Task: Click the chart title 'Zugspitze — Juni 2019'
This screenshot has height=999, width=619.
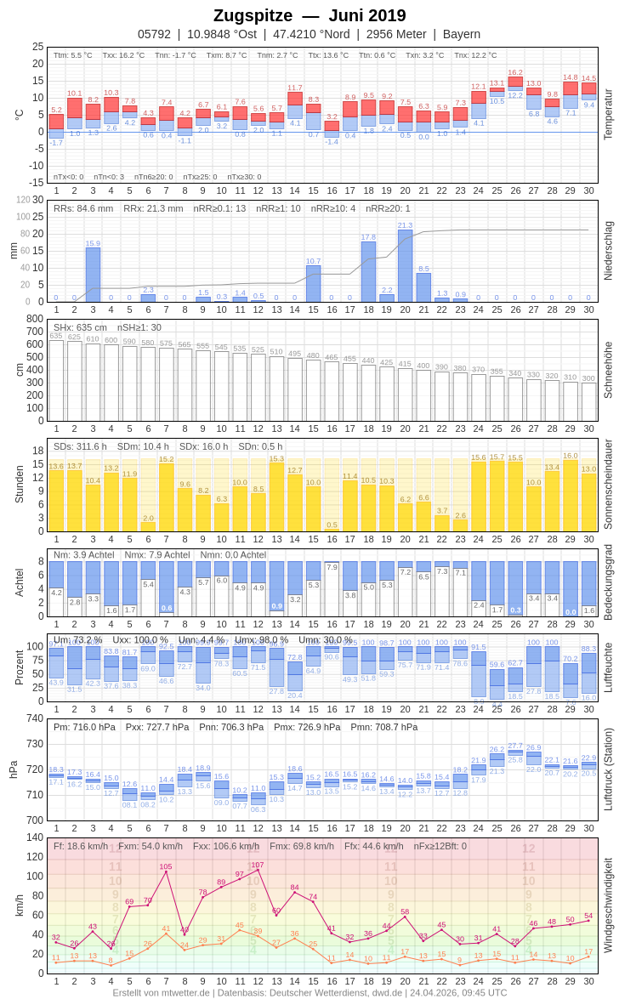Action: coord(309,15)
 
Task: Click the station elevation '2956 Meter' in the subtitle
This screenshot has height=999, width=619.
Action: coord(396,34)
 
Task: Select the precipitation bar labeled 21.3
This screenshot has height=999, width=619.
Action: coord(406,265)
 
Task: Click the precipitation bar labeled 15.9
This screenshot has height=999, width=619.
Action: coord(93,275)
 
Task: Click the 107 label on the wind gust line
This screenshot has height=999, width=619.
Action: coord(258,865)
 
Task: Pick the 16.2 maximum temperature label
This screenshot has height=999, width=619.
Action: coord(515,73)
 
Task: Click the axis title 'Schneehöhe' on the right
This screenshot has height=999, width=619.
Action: coord(608,370)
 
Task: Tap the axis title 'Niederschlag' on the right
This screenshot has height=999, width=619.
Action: coord(608,251)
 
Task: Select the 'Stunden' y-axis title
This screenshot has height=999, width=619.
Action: coord(19,484)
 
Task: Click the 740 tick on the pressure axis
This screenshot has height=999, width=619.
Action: coord(35,718)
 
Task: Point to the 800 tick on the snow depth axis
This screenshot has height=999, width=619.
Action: coord(35,319)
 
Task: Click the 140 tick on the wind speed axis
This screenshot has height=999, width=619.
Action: coord(35,837)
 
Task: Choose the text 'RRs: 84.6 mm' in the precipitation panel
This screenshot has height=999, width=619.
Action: coord(83,208)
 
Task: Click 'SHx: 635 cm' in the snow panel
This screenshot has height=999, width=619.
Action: coord(80,327)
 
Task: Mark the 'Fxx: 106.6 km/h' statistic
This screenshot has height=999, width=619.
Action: coord(226,846)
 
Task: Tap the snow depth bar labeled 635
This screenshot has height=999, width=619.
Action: coord(56,380)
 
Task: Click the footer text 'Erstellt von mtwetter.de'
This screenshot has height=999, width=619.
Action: coord(162,992)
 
